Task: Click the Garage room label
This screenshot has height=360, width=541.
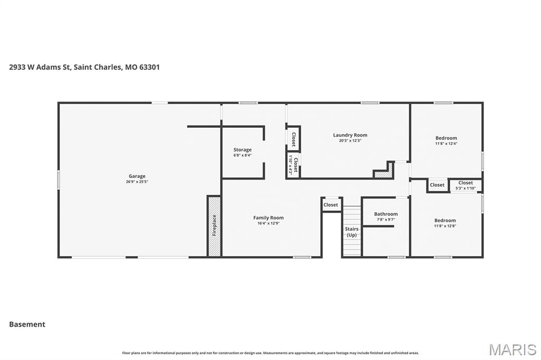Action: pos(137,176)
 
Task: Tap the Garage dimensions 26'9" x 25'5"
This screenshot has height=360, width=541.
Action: pos(137,182)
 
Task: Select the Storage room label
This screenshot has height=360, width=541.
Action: pos(242,150)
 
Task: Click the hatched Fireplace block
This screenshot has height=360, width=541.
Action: pos(214,226)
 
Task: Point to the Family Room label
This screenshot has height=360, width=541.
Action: pos(268,217)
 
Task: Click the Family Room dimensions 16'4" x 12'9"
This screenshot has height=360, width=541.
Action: pos(268,223)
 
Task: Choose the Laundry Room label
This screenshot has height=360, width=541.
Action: pos(350,135)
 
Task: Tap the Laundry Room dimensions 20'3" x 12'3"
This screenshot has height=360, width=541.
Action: pos(350,140)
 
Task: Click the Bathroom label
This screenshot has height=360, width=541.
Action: pos(386,214)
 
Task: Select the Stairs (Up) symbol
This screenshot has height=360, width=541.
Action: pos(351,232)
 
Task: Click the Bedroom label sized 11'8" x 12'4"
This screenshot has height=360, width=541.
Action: pos(446,138)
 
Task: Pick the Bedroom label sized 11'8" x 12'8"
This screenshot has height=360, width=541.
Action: pos(445,220)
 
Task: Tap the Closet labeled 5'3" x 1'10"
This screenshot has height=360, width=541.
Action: pos(465,185)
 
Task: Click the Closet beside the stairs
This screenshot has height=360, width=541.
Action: pos(331,205)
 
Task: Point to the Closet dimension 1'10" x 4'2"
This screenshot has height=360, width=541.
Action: pos(290,165)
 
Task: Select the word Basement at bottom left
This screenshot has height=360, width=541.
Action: pos(27,324)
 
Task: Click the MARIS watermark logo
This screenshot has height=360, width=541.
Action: pos(512,349)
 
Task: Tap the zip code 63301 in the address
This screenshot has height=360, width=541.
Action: pos(148,67)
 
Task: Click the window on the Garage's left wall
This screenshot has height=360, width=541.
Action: pos(59,179)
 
